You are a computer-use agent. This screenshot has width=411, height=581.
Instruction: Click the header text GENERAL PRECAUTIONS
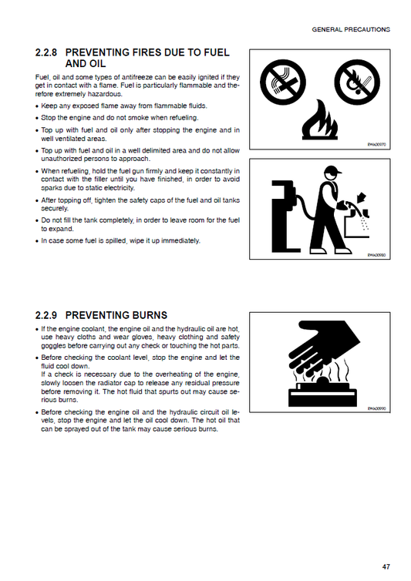point(351,29)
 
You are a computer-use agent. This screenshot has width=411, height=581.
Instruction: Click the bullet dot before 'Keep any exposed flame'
point(38,106)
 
